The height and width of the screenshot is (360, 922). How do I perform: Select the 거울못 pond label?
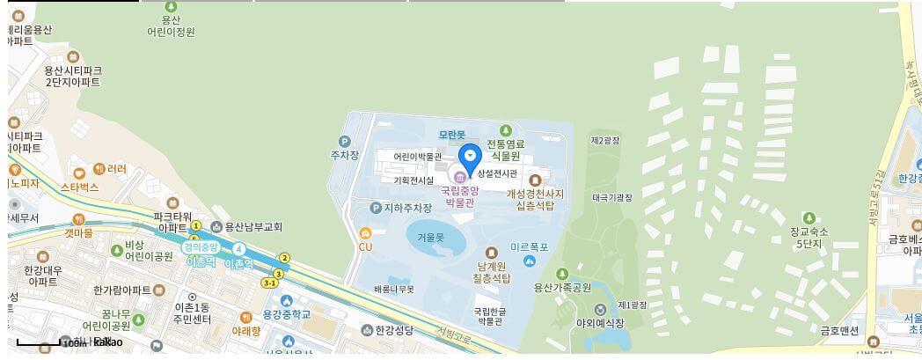click(x=431, y=238)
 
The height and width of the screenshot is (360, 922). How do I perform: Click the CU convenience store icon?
click(x=365, y=233)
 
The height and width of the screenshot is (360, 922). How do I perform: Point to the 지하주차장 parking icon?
click(x=376, y=208)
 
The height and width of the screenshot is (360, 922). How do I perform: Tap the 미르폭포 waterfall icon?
click(x=530, y=260)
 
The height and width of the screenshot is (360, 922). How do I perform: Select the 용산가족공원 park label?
click(x=563, y=286)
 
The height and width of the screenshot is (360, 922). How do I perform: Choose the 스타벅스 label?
click(x=79, y=187)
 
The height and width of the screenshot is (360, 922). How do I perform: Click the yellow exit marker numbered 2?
click(x=283, y=258)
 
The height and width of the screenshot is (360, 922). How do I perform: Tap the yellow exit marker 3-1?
click(x=270, y=283)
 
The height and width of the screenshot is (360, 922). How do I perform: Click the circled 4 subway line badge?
click(x=238, y=248)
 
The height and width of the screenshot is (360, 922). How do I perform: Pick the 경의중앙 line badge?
click(x=200, y=247)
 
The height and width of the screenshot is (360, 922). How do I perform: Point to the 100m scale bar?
click(x=39, y=342)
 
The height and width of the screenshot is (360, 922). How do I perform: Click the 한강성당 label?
click(x=393, y=330)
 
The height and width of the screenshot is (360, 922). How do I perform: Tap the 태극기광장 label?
click(x=612, y=198)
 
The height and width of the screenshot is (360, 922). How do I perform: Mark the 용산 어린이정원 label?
click(x=171, y=25)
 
